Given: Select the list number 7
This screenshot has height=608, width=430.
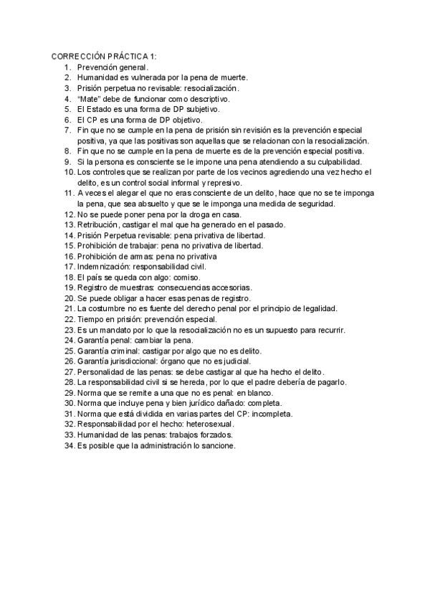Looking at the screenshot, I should click(67, 130).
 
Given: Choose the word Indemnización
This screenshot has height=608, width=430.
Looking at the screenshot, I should click(107, 267).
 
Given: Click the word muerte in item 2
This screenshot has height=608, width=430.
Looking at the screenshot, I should click(233, 77).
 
